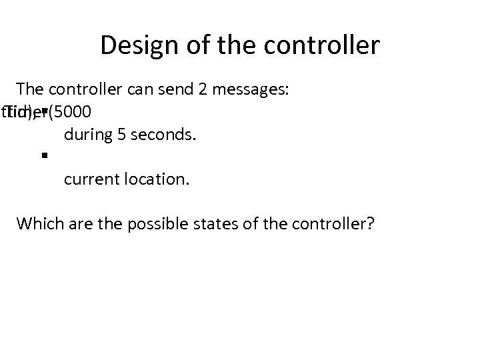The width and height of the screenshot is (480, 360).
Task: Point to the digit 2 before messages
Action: tap(203, 89)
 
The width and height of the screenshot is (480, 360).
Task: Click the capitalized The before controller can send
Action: tap(29, 89)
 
